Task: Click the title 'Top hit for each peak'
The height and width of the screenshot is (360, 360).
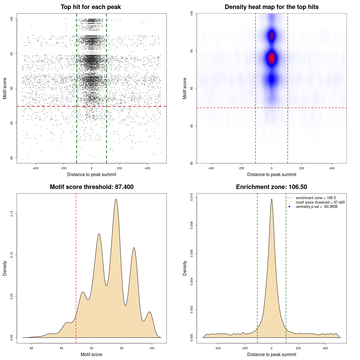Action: pyautogui.click(x=91, y=7)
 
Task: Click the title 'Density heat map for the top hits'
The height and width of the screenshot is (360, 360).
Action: pyautogui.click(x=271, y=7)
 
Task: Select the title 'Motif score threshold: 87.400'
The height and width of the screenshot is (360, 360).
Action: pyautogui.click(x=91, y=187)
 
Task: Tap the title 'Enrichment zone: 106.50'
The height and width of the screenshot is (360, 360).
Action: pyautogui.click(x=271, y=187)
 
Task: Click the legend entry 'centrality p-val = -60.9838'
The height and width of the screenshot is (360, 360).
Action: pyautogui.click(x=316, y=207)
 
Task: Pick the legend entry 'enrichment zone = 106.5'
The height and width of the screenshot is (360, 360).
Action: pyautogui.click(x=316, y=198)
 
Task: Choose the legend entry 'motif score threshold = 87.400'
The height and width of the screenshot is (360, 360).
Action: pyautogui.click(x=320, y=202)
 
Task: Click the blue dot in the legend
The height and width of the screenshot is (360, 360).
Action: pyautogui.click(x=289, y=207)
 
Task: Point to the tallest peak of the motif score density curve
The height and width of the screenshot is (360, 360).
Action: pyautogui.click(x=116, y=199)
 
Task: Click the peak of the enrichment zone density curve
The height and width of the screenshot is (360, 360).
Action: pyautogui.click(x=272, y=199)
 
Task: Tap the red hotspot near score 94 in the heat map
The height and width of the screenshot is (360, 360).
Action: pyautogui.click(x=272, y=58)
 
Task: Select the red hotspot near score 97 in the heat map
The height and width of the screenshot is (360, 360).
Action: pyautogui.click(x=272, y=36)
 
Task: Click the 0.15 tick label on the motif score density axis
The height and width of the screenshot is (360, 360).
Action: pyautogui.click(x=12, y=214)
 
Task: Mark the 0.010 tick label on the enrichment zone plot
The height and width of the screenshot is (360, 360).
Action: pyautogui.click(x=192, y=197)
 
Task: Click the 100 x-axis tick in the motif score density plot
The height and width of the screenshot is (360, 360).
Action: pyautogui.click(x=152, y=348)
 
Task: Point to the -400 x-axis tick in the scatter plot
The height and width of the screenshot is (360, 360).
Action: pyautogui.click(x=35, y=168)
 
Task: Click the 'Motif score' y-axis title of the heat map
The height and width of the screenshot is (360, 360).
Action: pyautogui.click(x=185, y=88)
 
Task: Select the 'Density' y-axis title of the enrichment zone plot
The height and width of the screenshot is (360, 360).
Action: pyautogui.click(x=185, y=268)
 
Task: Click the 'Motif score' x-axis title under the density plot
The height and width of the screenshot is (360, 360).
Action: pyautogui.click(x=91, y=354)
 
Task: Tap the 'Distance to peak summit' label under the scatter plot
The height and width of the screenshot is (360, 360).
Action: pyautogui.click(x=92, y=174)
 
